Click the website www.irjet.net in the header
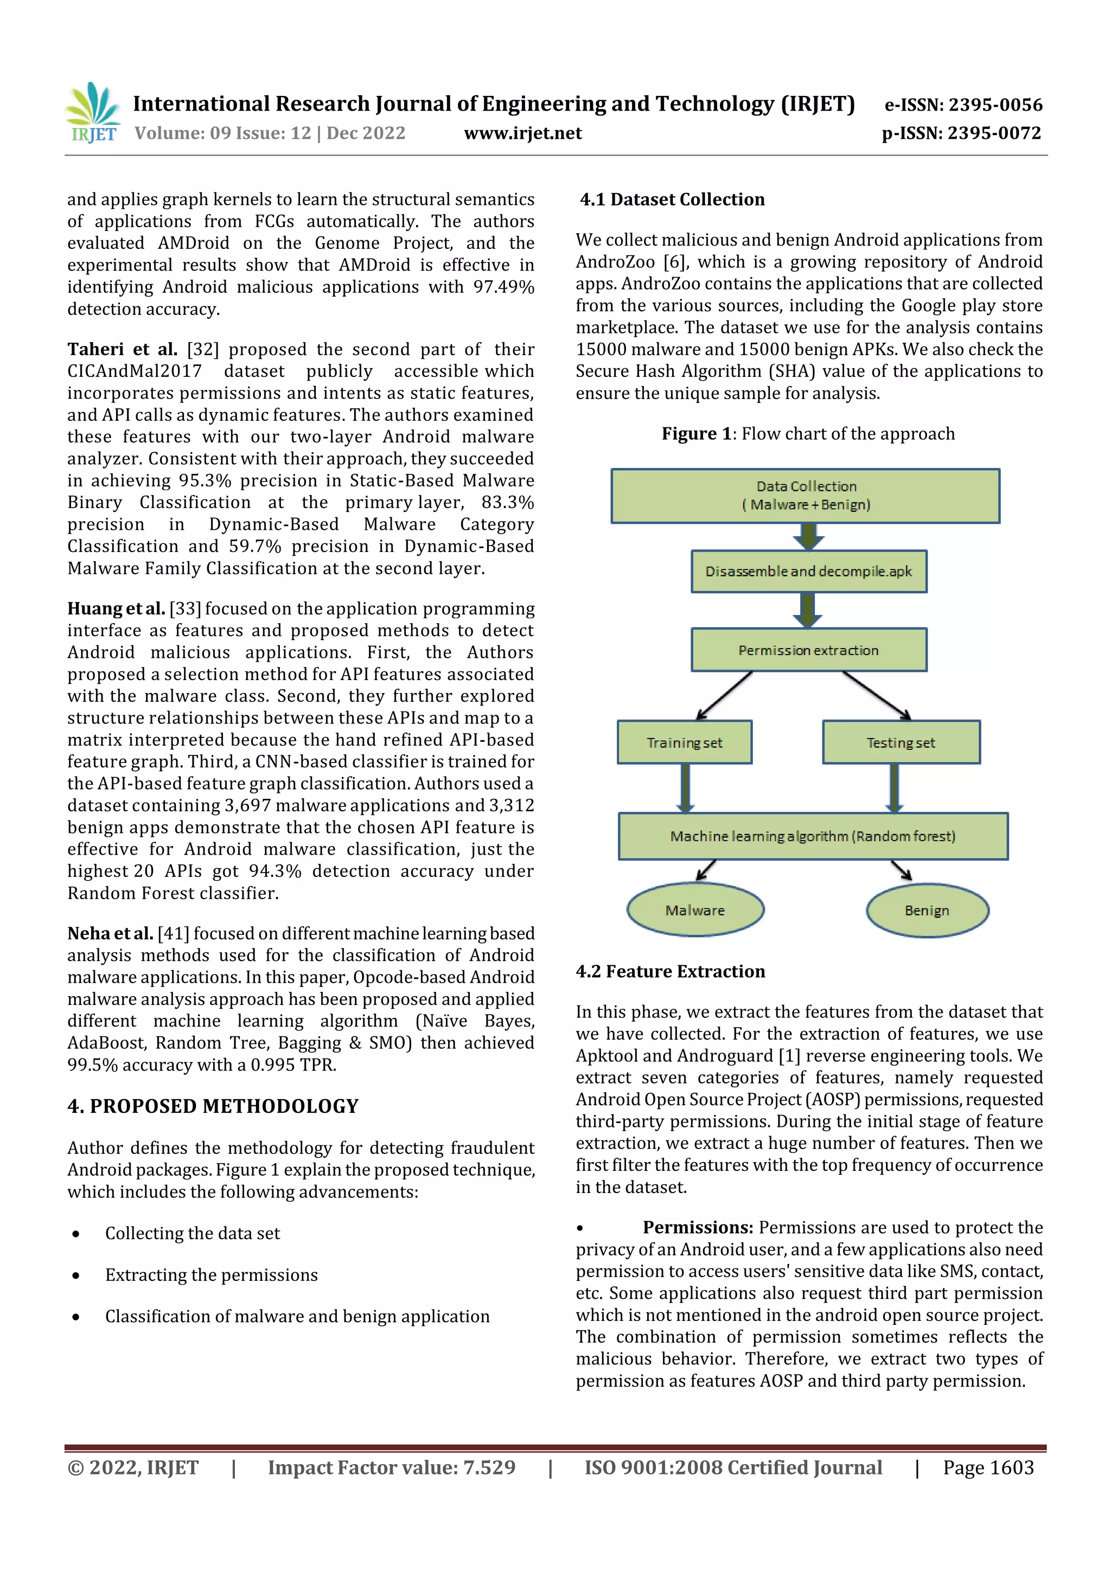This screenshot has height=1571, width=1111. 522,133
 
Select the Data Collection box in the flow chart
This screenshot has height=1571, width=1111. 805,496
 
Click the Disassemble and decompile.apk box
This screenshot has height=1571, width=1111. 808,572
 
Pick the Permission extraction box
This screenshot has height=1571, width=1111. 808,650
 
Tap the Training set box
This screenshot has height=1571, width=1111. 684,742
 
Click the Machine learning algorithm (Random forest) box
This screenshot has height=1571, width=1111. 813,836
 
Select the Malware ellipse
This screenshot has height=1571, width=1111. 695,910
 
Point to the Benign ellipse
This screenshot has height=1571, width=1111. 927,910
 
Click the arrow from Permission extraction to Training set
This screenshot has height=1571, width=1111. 724,695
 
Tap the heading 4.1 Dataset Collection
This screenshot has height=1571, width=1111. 672,200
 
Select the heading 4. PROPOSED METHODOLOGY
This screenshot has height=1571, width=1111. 213,1106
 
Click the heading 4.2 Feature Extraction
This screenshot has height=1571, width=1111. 670,972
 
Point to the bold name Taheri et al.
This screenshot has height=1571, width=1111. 122,350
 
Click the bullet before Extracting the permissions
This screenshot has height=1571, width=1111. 76,1275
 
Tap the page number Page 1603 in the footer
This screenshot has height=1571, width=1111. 988,1467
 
